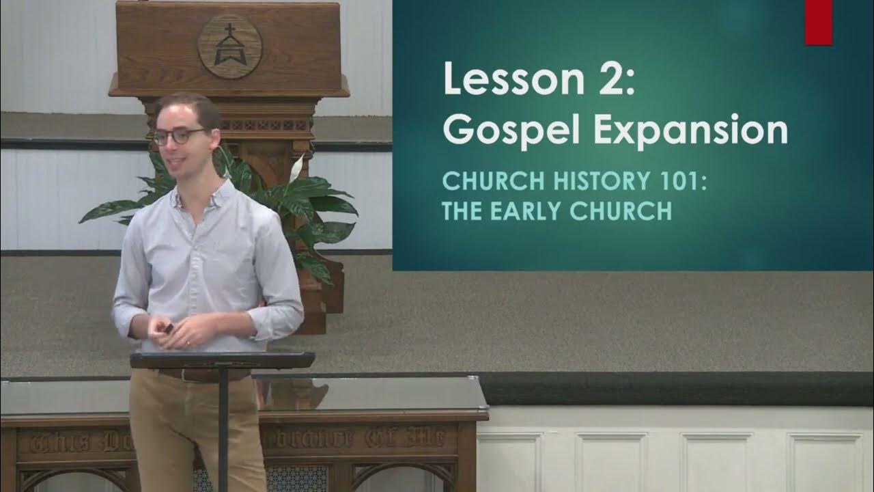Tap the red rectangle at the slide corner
click(818, 22)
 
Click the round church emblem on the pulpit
click(229, 46)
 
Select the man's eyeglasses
click(179, 136)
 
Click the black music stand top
click(223, 359)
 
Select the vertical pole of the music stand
click(223, 430)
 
